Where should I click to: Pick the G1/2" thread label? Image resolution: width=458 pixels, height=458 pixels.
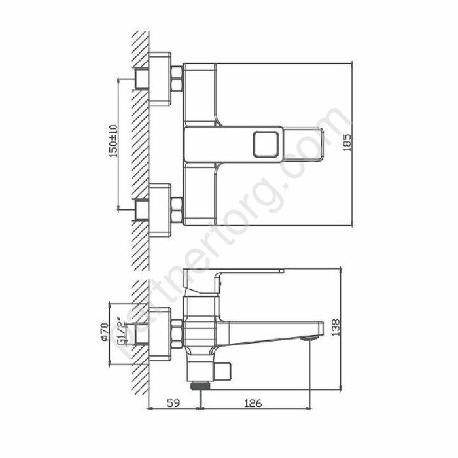click(119, 332)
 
